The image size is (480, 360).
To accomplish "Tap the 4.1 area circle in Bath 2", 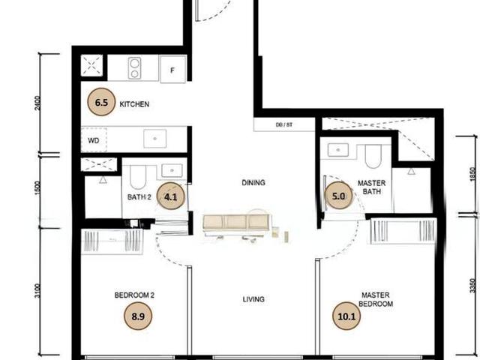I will [170, 198].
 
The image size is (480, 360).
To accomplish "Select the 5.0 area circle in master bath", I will [337, 199].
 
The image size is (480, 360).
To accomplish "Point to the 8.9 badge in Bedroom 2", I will [137, 316].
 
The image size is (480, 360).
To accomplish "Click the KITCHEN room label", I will [135, 105].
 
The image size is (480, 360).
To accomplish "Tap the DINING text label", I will [253, 182].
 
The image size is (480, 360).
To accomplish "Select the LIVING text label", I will [253, 299].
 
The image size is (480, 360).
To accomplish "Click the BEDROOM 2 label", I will [134, 295].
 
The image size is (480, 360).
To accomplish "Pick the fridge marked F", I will [172, 70].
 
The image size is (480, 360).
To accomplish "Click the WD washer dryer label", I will [94, 139].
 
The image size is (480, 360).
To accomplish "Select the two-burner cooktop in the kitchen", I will [135, 69].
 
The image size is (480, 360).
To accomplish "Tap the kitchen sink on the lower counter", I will [155, 138].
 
